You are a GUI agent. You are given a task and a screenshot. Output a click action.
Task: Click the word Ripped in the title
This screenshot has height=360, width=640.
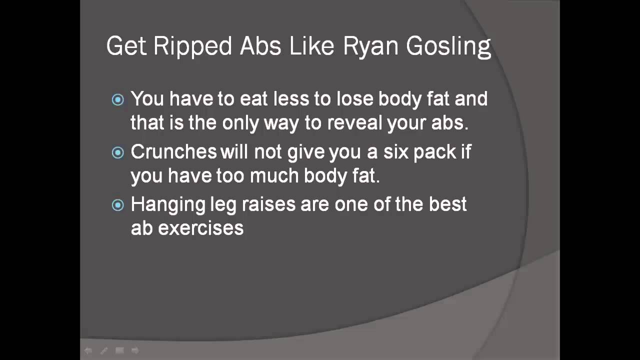tap(192, 46)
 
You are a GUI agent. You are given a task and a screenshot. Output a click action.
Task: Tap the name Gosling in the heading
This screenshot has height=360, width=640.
tap(448, 46)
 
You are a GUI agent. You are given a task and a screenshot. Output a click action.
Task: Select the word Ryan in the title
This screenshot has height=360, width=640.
tap(370, 46)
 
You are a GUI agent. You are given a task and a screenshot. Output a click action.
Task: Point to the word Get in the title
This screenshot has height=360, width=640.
tap(126, 46)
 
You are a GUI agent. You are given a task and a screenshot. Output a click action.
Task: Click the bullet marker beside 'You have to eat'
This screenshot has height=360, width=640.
tap(118, 100)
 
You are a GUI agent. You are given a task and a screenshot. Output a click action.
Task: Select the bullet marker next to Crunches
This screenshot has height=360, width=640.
tap(118, 152)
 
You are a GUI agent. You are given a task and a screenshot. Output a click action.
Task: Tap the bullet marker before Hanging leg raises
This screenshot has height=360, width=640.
tap(118, 205)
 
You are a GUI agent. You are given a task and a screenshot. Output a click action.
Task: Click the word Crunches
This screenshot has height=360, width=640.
tap(173, 152)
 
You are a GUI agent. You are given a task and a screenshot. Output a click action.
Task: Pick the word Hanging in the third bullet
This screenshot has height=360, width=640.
tap(168, 205)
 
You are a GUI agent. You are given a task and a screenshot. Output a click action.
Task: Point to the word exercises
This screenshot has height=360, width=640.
tap(201, 228)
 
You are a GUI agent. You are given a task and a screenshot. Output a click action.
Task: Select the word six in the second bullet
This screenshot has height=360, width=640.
tap(395, 152)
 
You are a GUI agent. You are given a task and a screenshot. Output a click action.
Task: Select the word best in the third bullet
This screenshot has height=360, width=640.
tap(447, 204)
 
